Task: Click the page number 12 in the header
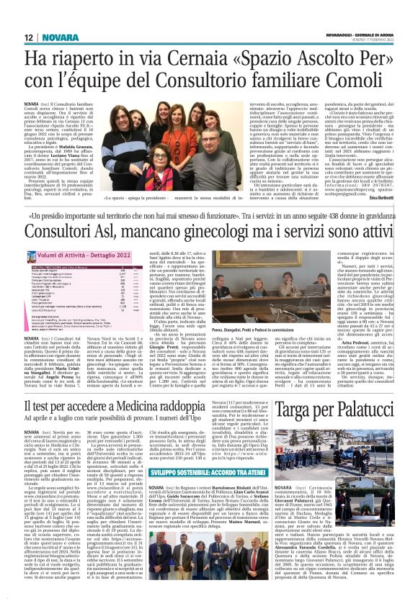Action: click(x=29, y=37)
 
